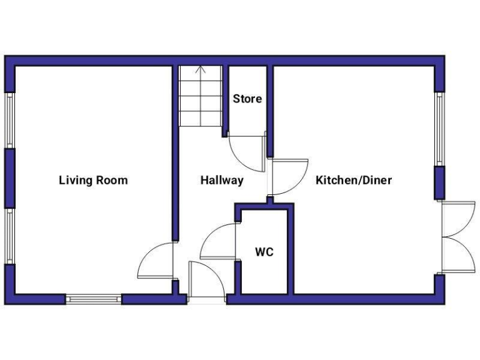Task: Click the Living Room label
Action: (93, 181)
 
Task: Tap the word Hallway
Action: (222, 181)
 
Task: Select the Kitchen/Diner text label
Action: (354, 181)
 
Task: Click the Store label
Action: (247, 99)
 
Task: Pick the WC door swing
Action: (217, 242)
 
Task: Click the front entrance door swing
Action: (206, 281)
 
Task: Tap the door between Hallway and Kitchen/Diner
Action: (289, 177)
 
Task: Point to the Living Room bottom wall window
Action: (94, 299)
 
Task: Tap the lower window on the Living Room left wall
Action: (9, 236)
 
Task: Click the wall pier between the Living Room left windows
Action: (9, 177)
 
